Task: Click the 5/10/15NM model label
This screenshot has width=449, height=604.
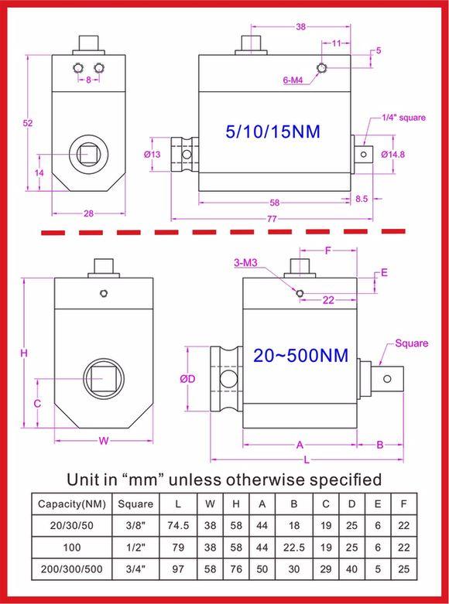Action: [x=272, y=131]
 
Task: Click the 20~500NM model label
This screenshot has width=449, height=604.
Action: [x=300, y=356]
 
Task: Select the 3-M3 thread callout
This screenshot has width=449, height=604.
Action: [x=246, y=264]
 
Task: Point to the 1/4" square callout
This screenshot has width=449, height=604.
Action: [x=404, y=118]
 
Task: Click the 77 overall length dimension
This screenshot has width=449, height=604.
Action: [x=272, y=220]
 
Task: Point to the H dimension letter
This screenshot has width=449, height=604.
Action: [x=25, y=353]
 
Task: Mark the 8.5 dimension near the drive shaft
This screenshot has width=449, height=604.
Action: [x=362, y=198]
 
